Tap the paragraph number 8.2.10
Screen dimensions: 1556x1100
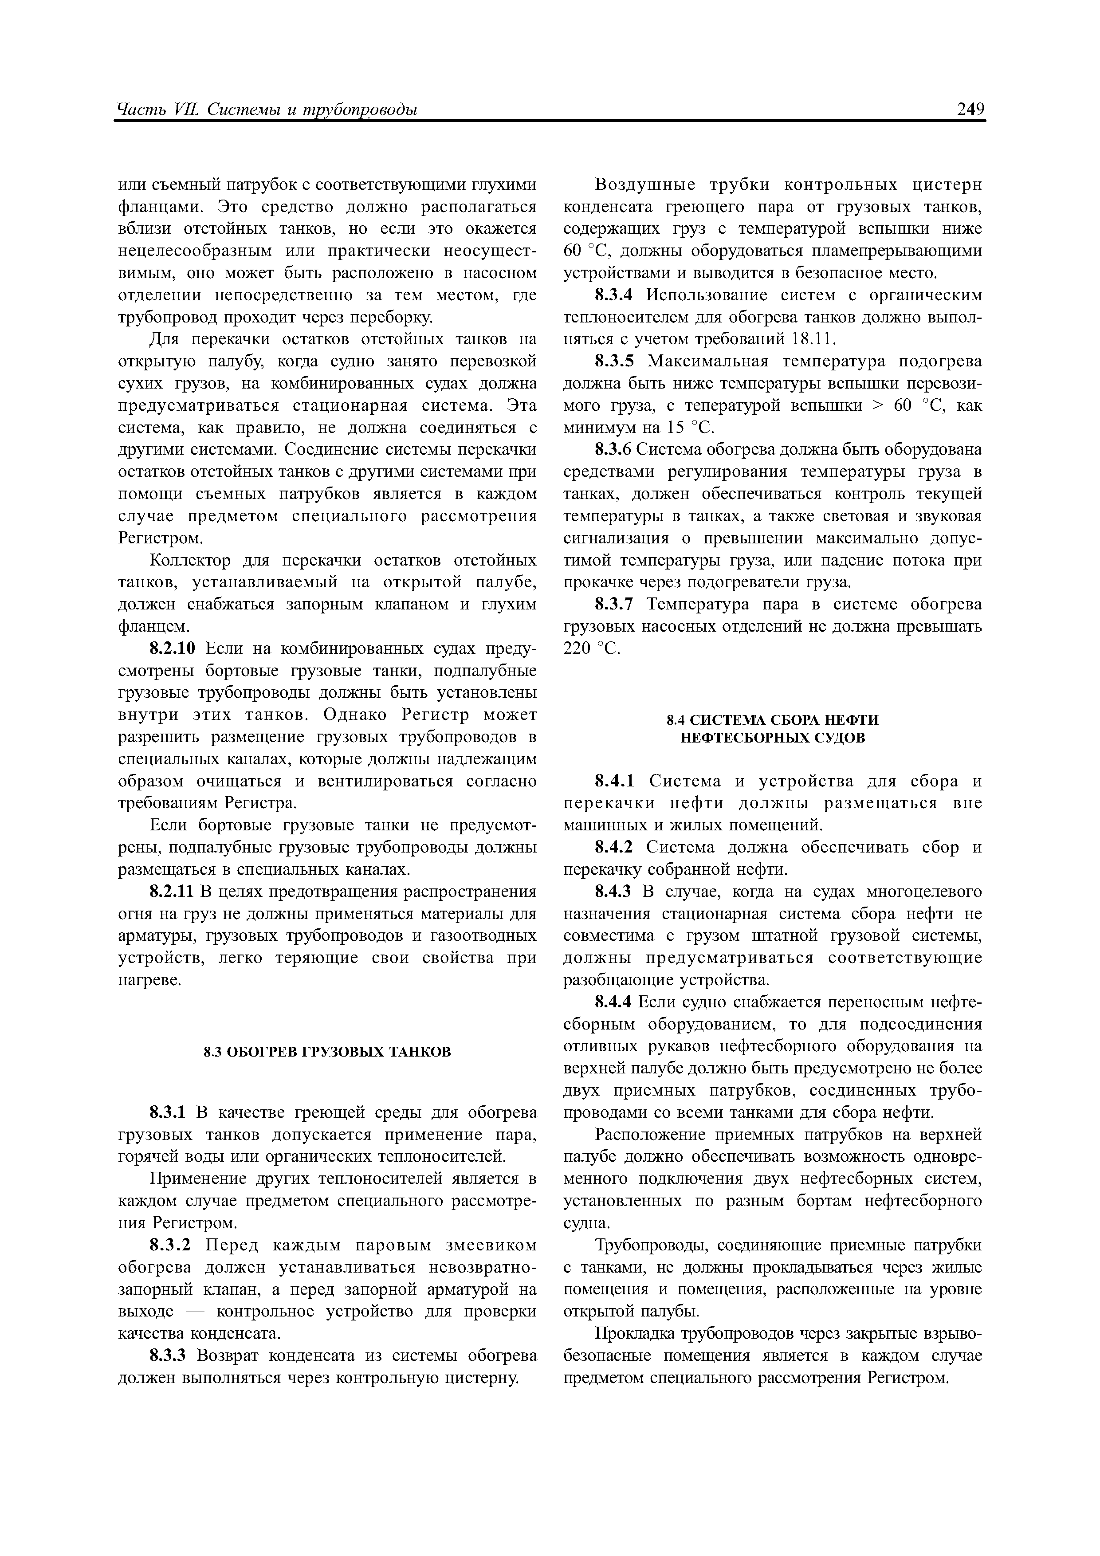coord(172,648)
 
